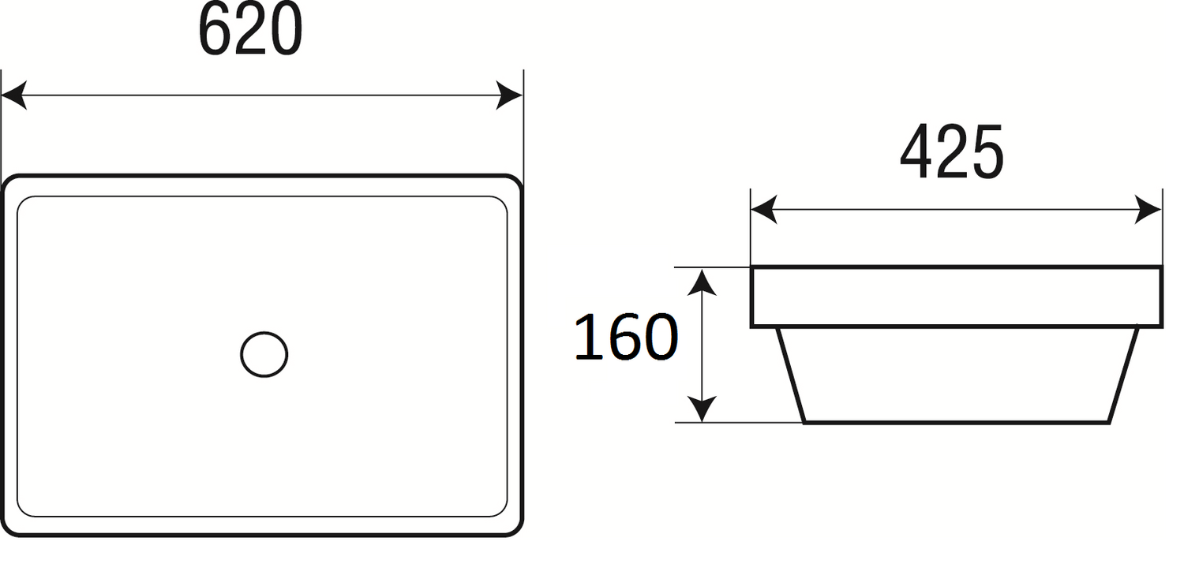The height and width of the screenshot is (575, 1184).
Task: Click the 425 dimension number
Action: coord(951,152)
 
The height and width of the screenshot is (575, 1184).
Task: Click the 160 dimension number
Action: coord(625,338)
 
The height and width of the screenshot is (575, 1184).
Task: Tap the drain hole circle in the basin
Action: coord(264,354)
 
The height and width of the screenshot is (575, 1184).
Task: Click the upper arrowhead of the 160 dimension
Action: coord(702,281)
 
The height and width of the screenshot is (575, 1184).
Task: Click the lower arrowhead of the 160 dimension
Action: coord(702,409)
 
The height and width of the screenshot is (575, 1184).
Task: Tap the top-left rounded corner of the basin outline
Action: coord(9,182)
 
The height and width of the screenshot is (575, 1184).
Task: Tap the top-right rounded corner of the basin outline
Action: coord(515,182)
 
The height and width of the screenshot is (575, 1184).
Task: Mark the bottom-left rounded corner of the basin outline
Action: coord(9,529)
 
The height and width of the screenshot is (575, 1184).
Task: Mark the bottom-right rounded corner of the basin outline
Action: coord(515,529)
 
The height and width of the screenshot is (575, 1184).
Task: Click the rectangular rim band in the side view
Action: coord(955,297)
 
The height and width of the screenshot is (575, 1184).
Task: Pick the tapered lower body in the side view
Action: coord(956,374)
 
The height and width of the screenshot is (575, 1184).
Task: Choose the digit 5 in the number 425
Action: coord(987,152)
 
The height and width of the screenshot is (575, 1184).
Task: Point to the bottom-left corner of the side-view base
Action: coord(804,422)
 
